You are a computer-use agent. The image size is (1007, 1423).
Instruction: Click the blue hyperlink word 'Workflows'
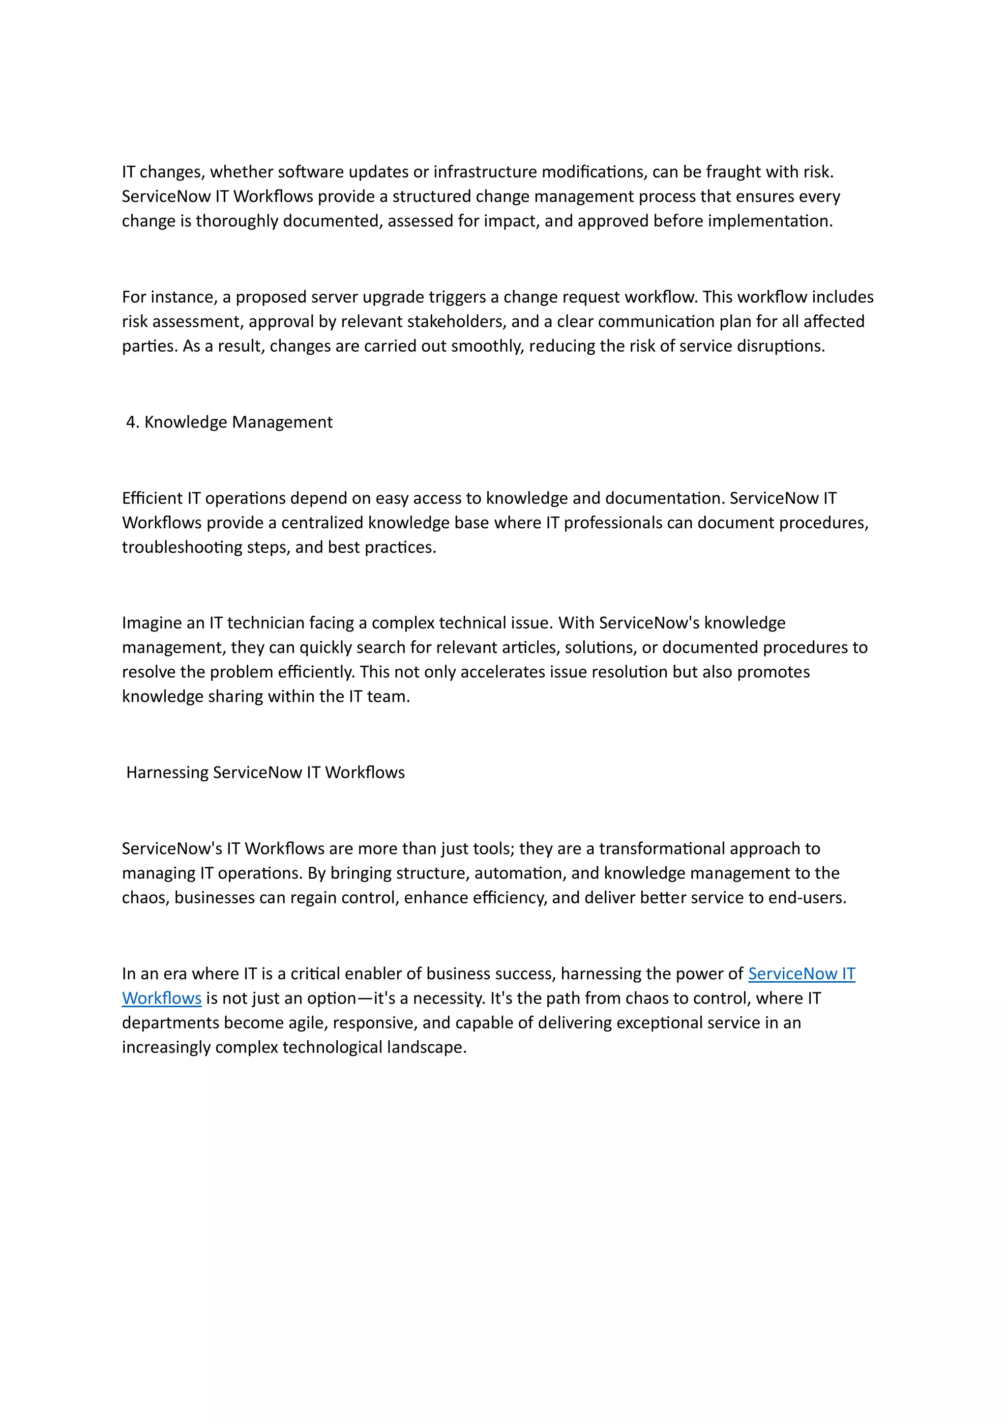point(162,998)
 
